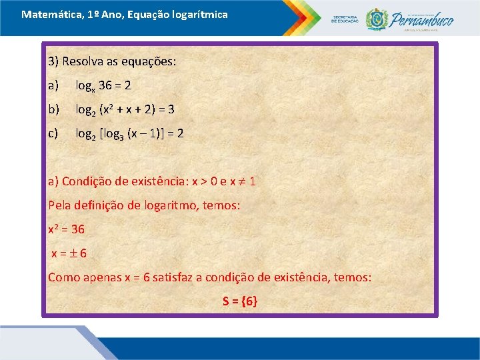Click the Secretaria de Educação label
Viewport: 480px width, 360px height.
point(345,19)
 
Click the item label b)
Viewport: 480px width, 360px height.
point(54,109)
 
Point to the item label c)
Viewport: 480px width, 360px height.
point(53,133)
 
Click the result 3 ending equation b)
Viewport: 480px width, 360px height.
point(171,109)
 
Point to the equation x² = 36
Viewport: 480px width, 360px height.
point(66,229)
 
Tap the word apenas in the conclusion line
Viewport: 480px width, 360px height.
point(103,277)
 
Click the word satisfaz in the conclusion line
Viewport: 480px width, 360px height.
point(172,277)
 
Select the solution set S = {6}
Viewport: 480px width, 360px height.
point(239,301)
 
